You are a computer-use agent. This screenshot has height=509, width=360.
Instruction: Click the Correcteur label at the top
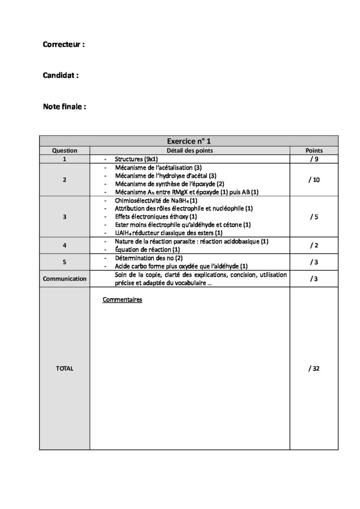tap(64, 44)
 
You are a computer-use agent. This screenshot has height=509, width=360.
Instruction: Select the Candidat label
tap(61, 76)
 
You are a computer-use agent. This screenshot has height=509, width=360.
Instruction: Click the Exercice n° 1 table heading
tap(189, 141)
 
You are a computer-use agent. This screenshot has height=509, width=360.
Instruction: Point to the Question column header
tap(65, 151)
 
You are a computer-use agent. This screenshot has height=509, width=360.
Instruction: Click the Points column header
tap(314, 151)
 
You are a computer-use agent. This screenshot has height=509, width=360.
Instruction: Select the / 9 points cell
tap(314, 160)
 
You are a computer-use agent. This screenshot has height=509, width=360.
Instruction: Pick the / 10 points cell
tap(314, 179)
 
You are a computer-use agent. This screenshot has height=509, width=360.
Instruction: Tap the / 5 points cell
tap(314, 217)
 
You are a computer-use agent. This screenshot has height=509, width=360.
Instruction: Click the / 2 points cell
tap(314, 245)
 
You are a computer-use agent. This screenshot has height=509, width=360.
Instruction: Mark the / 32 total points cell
tap(314, 368)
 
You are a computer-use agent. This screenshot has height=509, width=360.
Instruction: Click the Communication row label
tap(65, 279)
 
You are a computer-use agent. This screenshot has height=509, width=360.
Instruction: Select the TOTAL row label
tap(65, 368)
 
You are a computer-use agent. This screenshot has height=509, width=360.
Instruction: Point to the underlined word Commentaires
tap(122, 300)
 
